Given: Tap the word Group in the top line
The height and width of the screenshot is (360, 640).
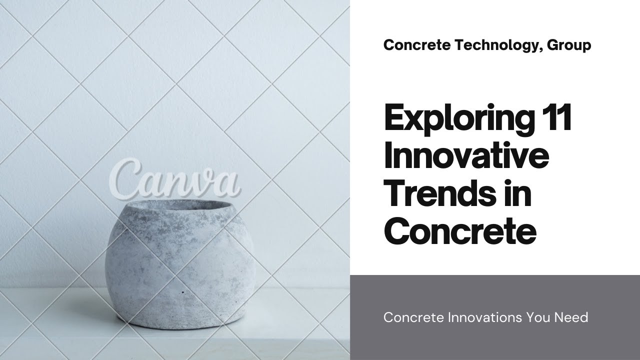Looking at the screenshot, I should tap(569, 45).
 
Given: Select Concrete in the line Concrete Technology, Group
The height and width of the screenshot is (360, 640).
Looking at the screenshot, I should tap(417, 45).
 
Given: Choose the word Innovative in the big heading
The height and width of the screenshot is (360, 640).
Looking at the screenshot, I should tap(466, 157).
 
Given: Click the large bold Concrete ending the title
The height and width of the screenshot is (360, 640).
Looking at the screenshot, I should tap(460, 232).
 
